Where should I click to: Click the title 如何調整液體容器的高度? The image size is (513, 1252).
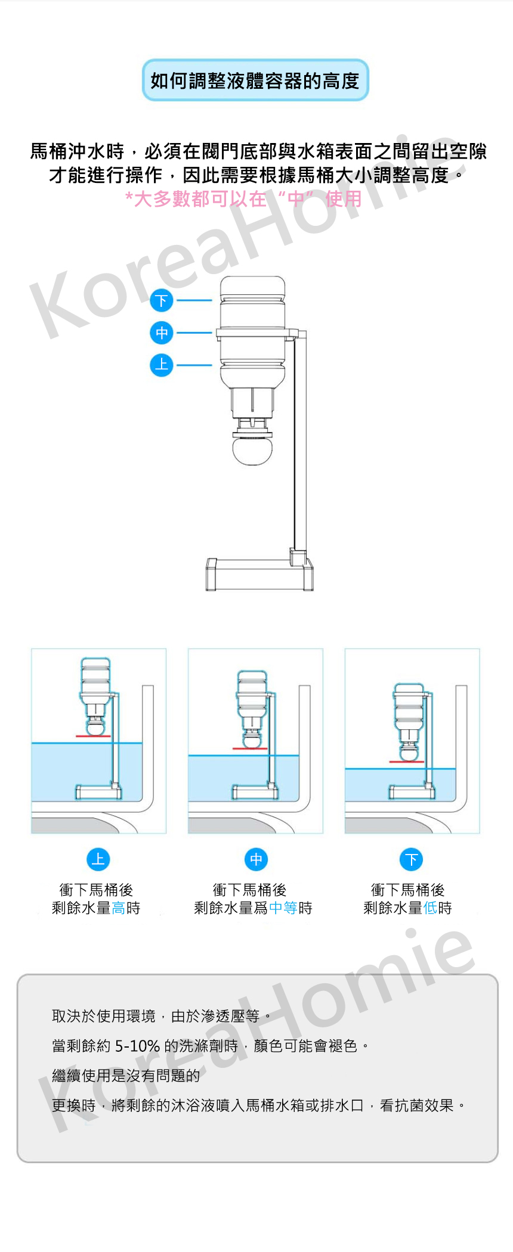click(x=255, y=80)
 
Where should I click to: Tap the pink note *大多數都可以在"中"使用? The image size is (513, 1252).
click(x=244, y=198)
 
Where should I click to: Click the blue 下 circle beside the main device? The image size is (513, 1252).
click(x=161, y=300)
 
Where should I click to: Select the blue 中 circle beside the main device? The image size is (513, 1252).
click(x=161, y=333)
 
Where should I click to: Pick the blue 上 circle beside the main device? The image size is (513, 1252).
click(x=161, y=365)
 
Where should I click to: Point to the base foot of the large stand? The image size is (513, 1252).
click(x=259, y=574)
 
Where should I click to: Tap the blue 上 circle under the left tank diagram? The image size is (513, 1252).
click(x=98, y=859)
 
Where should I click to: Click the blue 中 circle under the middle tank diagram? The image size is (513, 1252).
click(x=256, y=859)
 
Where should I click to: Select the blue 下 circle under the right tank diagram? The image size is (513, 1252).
click(x=411, y=859)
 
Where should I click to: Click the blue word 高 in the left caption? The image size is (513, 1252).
click(x=118, y=908)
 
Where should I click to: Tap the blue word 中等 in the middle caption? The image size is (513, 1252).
click(x=283, y=908)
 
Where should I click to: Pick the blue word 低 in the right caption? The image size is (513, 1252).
click(x=430, y=908)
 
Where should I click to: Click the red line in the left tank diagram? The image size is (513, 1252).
click(x=93, y=737)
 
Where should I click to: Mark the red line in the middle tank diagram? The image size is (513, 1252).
click(x=250, y=748)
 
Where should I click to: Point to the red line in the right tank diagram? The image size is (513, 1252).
click(x=406, y=762)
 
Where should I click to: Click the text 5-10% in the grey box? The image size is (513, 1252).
click(x=137, y=1046)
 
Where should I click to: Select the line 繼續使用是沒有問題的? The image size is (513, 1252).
click(x=126, y=1076)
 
